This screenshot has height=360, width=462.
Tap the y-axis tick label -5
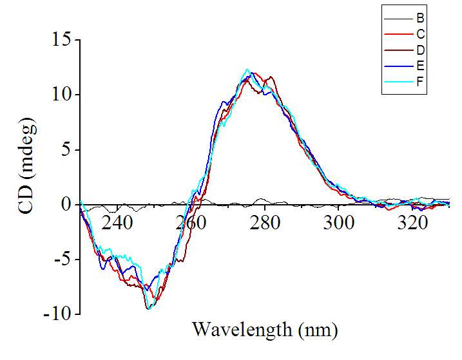pos(61,260)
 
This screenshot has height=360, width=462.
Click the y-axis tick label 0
pos(66,205)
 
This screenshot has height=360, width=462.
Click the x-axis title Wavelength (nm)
pos(264,330)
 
